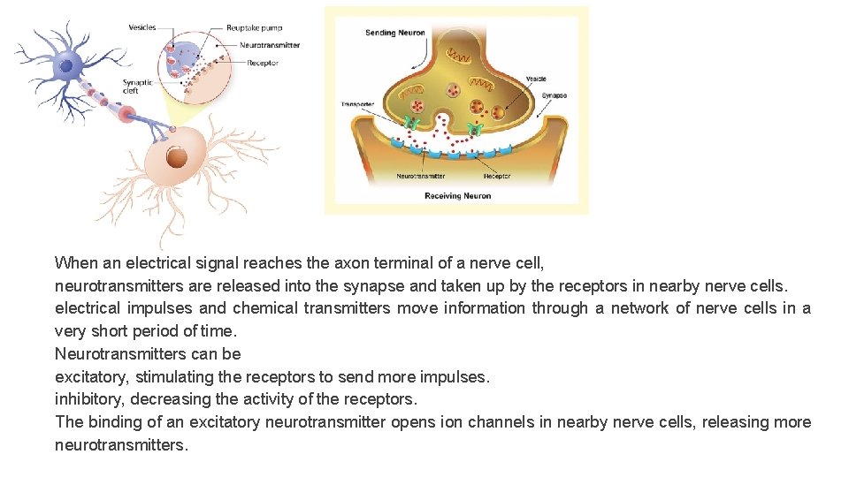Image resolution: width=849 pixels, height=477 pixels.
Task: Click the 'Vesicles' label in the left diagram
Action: tap(142, 27)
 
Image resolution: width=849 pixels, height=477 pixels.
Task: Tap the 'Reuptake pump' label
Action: tap(254, 28)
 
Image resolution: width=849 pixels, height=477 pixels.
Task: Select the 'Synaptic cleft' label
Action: tap(137, 87)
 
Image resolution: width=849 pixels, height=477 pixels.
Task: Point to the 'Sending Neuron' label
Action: tap(394, 34)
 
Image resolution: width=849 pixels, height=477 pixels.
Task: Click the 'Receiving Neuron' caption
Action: tap(457, 195)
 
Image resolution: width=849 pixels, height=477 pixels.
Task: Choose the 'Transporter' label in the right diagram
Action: tap(358, 105)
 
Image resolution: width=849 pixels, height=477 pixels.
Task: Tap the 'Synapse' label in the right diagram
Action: tap(555, 95)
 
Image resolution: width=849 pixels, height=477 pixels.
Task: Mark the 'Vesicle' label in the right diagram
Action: tap(536, 79)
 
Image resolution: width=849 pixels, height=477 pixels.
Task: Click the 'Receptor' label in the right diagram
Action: tap(497, 177)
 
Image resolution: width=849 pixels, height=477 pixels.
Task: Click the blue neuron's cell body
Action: tap(65, 64)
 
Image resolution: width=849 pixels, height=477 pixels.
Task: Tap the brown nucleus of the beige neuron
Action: tap(177, 158)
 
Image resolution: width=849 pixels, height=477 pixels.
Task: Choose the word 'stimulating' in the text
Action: tap(168, 377)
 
